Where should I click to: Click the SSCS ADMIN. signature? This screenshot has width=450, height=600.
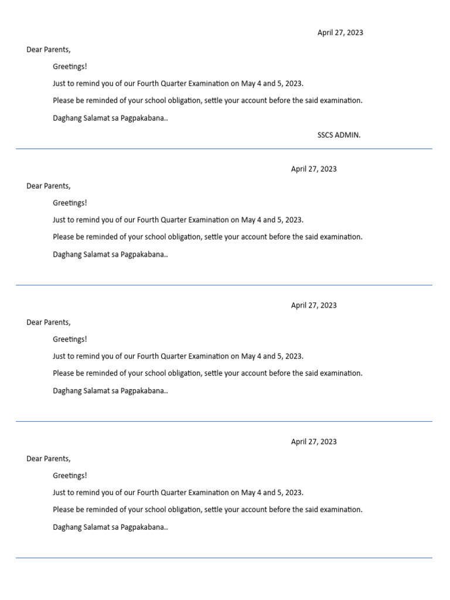point(339,135)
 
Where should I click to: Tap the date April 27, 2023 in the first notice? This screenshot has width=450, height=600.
point(340,33)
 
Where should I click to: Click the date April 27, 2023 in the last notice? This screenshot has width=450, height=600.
point(313,442)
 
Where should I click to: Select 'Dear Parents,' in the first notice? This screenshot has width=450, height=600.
point(48,50)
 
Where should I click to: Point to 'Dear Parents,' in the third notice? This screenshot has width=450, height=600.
point(48,322)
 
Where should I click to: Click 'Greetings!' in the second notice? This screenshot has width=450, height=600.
point(70,203)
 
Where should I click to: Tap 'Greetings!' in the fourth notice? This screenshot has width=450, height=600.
point(70,476)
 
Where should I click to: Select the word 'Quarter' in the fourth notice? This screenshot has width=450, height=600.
point(173,493)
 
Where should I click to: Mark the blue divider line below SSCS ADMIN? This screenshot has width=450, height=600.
point(224,149)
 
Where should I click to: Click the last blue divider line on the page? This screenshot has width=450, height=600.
point(224,558)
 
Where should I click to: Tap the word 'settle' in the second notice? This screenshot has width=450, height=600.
point(214,237)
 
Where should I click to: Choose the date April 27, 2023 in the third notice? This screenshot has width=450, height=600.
point(313,305)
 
